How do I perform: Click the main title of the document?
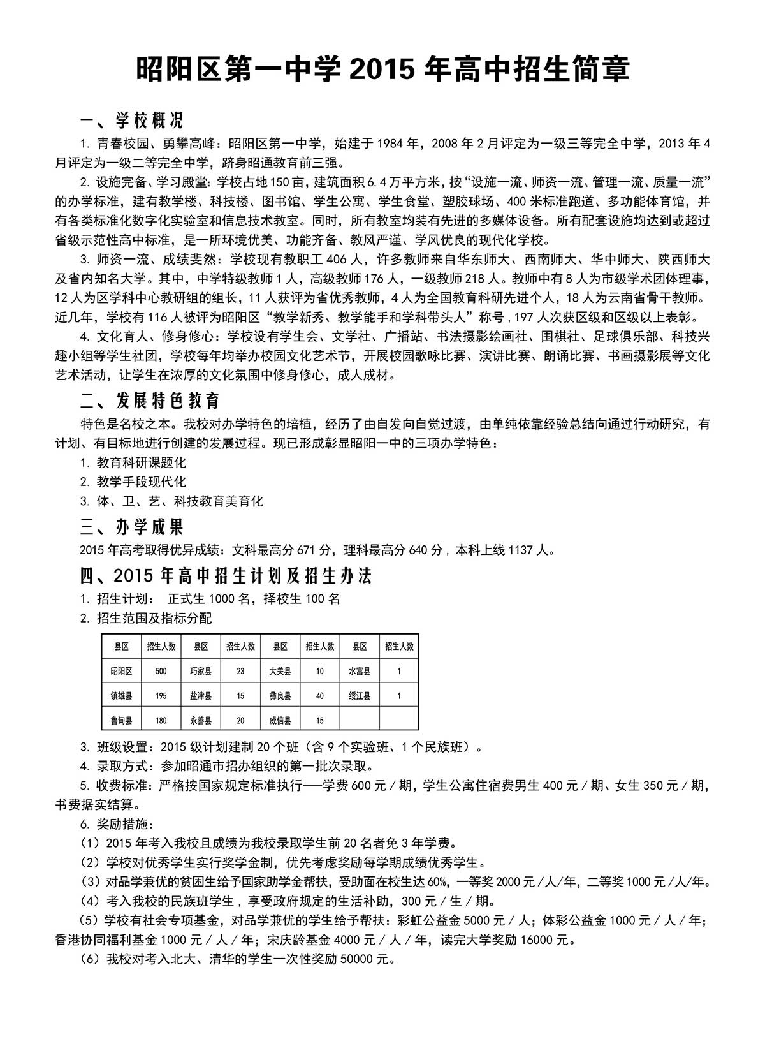(382, 69)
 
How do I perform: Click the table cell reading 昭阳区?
(121, 671)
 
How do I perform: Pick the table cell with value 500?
(161, 671)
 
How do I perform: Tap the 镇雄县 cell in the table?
(121, 696)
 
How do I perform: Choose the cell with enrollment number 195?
(161, 696)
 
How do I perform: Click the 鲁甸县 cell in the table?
(121, 720)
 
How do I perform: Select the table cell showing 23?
(240, 671)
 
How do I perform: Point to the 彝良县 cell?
(280, 696)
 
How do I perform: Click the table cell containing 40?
(320, 696)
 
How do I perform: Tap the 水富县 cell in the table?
(360, 671)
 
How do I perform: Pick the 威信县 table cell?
(280, 720)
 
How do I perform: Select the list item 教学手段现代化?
(142, 482)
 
